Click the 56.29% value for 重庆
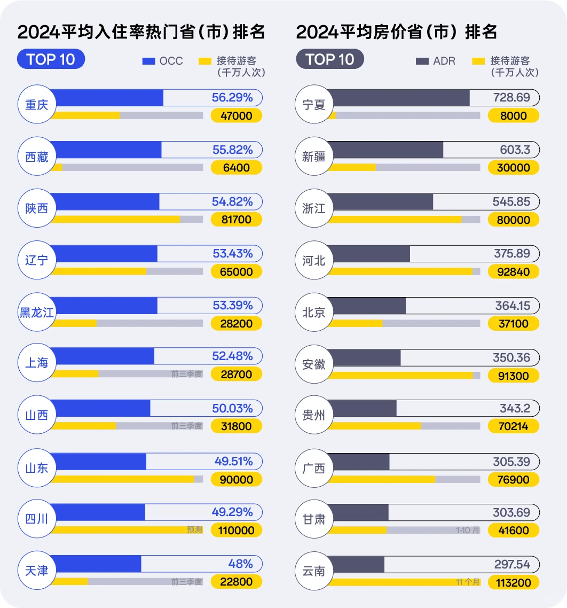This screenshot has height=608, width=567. point(232,98)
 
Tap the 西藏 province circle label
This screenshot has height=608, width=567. point(37,157)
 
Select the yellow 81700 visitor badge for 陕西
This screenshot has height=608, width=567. point(237,220)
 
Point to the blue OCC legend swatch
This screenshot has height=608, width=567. point(148,61)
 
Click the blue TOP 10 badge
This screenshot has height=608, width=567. point(51,59)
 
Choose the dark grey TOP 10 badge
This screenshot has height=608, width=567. point(330,59)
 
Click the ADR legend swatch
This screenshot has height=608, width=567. point(422,61)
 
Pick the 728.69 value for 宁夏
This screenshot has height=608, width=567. point(511,98)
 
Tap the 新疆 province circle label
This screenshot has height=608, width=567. point(313,157)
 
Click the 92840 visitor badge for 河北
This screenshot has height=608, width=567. point(513,272)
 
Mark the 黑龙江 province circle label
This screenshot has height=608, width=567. point(37,313)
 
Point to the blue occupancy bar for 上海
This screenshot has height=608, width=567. point(104,356)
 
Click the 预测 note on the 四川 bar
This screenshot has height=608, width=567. point(194,530)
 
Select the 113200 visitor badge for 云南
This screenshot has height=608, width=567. point(513,582)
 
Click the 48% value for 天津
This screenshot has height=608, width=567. point(240,564)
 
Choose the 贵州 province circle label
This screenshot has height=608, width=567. point(313,416)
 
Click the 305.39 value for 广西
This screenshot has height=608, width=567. point(511,462)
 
